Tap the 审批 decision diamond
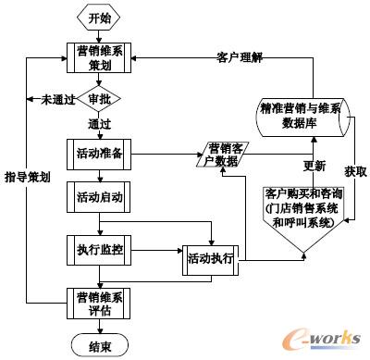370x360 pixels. click(x=98, y=99)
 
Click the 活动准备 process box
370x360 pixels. click(x=99, y=154)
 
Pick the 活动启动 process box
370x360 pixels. click(x=99, y=197)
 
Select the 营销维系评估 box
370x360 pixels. click(x=99, y=303)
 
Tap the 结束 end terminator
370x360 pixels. click(x=98, y=344)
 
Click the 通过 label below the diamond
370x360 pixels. click(x=99, y=123)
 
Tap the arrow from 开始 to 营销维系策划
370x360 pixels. click(x=98, y=36)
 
